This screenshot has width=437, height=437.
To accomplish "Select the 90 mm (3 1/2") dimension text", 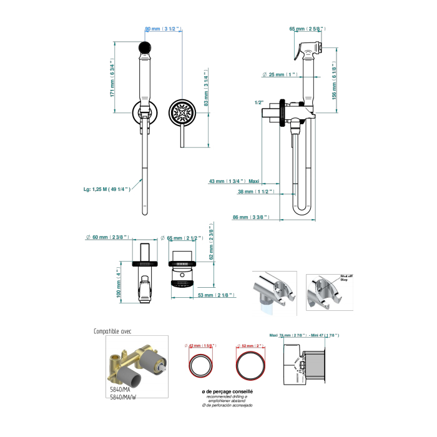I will (162, 29).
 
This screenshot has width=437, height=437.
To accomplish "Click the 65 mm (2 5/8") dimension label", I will (307, 29).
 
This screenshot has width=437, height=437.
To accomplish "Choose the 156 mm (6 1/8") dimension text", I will (335, 81).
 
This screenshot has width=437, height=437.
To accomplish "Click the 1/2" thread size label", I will (260, 102).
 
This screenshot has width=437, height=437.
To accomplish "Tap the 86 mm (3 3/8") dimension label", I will (250, 217).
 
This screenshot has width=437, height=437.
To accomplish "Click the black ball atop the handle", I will (145, 47).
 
